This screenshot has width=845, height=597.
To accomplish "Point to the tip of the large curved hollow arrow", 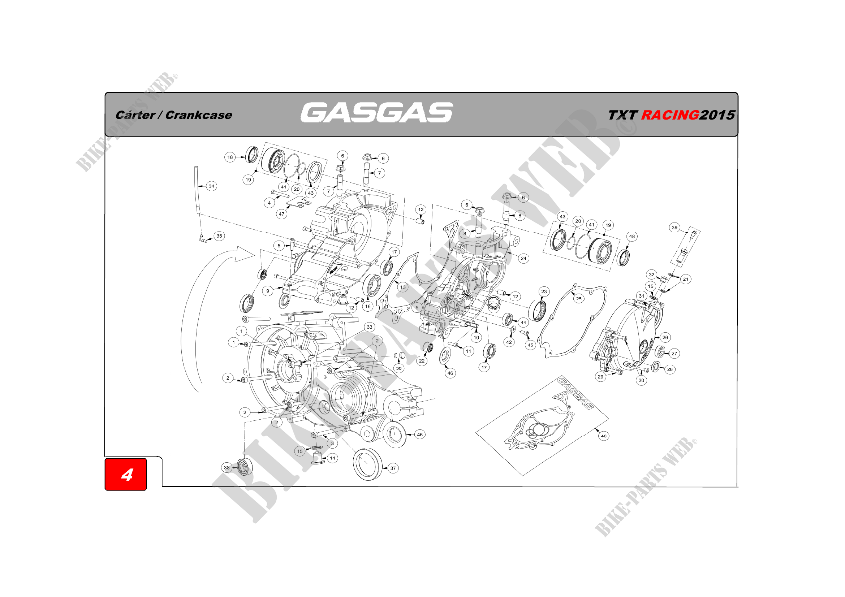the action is click(255, 254).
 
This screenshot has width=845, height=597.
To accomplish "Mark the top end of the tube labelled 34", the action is click(197, 167).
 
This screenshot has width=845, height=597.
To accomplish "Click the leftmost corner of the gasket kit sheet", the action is click(476, 432).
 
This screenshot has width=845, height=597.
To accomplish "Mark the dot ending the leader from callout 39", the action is click(687, 232).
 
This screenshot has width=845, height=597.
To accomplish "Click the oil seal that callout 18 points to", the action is click(252, 155).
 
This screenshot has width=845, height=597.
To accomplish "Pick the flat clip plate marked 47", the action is click(299, 201).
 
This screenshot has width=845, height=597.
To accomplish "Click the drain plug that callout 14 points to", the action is click(317, 457).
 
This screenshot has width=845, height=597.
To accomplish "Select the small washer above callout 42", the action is click(513, 328).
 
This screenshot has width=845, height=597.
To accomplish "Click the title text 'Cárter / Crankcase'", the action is click(174, 115).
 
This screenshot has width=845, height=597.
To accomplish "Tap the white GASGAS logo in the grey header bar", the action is click(376, 113).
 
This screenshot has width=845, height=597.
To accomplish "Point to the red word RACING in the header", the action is click(670, 115).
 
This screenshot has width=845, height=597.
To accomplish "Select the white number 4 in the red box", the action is click(127, 475).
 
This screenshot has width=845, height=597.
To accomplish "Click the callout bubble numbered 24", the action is click(523, 258).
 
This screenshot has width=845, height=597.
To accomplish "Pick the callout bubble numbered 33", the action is click(370, 327).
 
